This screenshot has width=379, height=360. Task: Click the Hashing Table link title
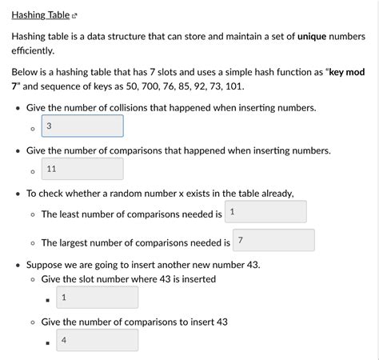coord(40,14)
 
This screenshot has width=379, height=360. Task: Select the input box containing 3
coord(82,126)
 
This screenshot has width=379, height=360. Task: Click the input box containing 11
coord(82,169)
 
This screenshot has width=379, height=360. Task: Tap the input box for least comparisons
coord(266,212)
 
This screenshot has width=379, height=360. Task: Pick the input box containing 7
coord(274,241)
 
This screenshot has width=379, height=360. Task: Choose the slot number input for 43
coord(98,298)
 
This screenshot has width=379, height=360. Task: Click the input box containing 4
coord(98,340)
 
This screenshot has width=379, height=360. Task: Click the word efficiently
coord(33,50)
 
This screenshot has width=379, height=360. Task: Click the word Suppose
coord(46,264)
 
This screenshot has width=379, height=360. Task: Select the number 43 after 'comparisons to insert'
coord(220,322)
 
